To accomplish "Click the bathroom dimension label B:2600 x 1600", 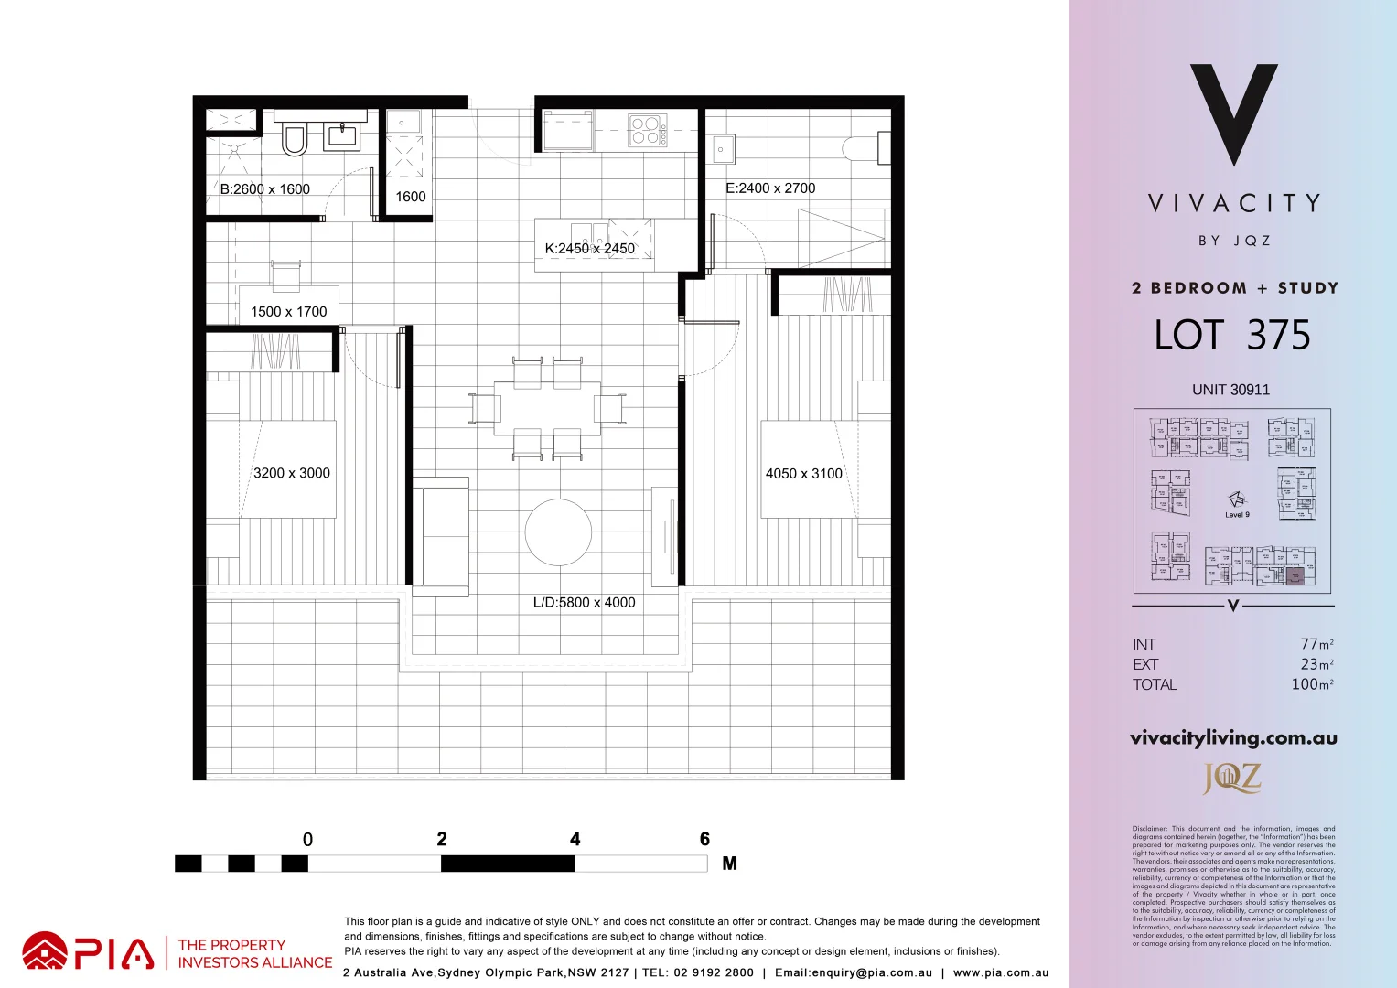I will click(x=265, y=189).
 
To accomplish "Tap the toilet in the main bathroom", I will click(x=294, y=139).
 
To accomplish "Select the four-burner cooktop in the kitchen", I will click(x=648, y=130).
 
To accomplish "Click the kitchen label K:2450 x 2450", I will click(x=590, y=249).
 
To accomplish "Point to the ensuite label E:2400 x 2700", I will click(x=770, y=188).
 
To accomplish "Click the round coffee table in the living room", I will click(x=558, y=532).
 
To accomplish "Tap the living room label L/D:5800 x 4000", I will click(x=584, y=603).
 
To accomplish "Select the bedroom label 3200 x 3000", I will click(x=292, y=473).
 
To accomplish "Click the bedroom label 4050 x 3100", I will click(x=803, y=474).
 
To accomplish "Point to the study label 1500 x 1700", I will click(x=289, y=312).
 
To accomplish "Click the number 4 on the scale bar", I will click(x=575, y=839).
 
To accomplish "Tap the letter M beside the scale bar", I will click(x=729, y=864).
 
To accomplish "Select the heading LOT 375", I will click(x=1232, y=336).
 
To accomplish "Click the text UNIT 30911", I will click(x=1230, y=390).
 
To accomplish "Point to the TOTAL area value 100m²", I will click(x=1312, y=684).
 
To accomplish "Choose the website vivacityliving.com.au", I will click(x=1233, y=738).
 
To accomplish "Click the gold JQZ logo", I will click(x=1232, y=779).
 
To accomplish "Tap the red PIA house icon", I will click(x=45, y=951).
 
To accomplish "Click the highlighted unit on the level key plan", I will click(x=1295, y=576).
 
